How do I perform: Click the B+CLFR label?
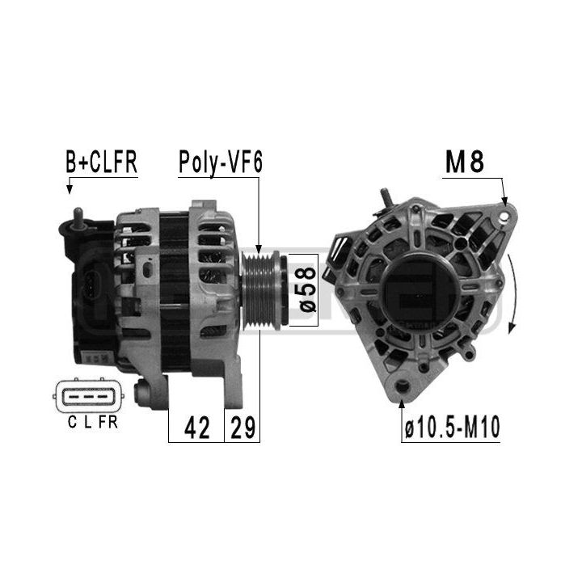(x=101, y=162)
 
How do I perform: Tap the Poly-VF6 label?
(x=221, y=162)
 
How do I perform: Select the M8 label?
(x=464, y=162)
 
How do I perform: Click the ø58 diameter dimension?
(x=308, y=290)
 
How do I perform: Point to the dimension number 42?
(x=196, y=428)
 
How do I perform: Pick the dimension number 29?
(x=242, y=428)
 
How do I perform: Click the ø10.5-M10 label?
(x=453, y=427)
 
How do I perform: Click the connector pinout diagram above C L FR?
(x=88, y=396)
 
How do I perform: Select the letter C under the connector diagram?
(x=73, y=422)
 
